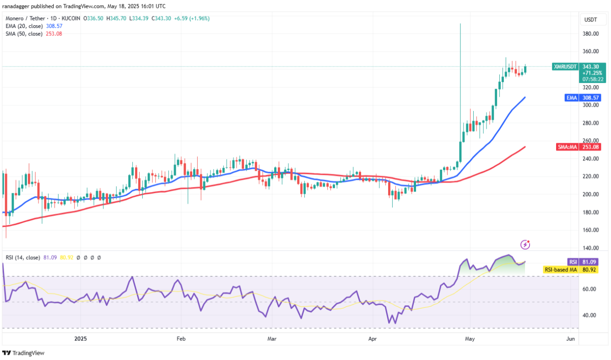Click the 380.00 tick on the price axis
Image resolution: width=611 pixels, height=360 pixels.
click(591, 34)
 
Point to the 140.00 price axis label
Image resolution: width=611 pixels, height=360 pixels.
click(591, 248)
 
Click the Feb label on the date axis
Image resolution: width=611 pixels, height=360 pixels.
click(181, 339)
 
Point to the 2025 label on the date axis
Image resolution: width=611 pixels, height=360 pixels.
click(81, 339)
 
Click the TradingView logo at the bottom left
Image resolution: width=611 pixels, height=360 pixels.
click(23, 353)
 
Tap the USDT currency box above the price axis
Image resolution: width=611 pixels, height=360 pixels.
click(591, 19)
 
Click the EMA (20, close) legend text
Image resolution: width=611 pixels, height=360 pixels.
click(24, 26)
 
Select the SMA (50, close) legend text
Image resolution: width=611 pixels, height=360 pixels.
click(24, 33)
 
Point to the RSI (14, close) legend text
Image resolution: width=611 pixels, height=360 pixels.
click(22, 257)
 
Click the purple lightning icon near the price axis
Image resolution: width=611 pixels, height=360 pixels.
click(525, 245)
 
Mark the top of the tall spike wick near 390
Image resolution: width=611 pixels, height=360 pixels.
click(460, 24)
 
